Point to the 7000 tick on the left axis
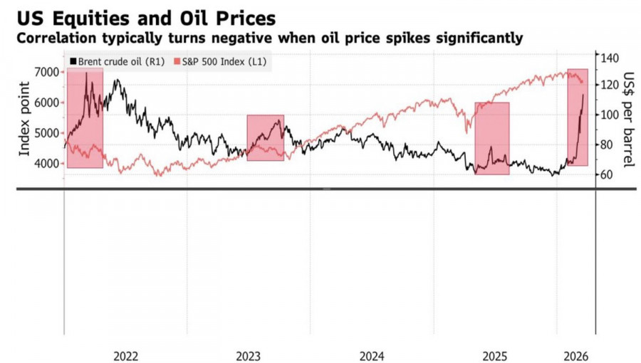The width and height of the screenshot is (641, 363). (x=48, y=72)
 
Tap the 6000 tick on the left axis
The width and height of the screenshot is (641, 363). (x=48, y=102)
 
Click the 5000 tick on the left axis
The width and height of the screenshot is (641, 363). (x=48, y=133)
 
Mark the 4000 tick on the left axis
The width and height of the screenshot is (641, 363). (x=48, y=164)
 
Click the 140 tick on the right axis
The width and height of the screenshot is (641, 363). (x=610, y=58)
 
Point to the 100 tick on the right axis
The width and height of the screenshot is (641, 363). (x=610, y=115)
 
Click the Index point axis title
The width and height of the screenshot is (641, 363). (x=24, y=118)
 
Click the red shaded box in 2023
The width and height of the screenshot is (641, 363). (x=265, y=137)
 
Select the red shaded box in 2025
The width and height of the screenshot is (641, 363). (x=492, y=138)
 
